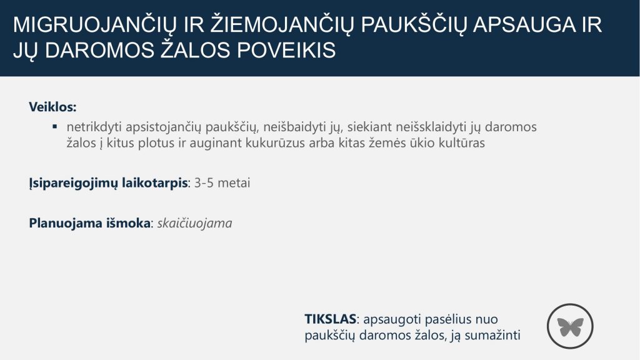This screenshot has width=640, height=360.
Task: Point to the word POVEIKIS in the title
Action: [286, 50]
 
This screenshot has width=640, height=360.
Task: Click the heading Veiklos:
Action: [52, 107]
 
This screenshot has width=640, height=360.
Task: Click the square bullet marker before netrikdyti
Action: [55, 126]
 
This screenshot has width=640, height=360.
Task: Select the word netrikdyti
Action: [94, 127]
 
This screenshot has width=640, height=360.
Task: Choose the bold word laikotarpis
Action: [155, 183]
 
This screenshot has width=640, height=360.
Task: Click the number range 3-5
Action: [204, 182]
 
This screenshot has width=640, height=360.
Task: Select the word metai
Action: [234, 182]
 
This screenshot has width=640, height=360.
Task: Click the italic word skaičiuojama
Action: [195, 223]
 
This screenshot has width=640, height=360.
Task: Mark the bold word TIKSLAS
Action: [331, 319]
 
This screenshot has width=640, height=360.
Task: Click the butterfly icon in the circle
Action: [570, 327]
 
